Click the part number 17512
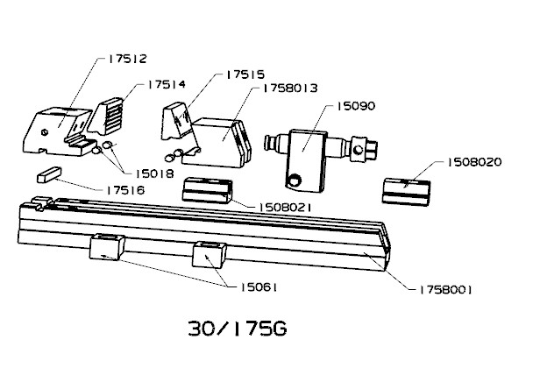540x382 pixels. [128, 59]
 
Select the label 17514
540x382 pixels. [167, 84]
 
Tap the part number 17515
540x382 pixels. [245, 74]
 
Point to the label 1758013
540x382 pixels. [290, 88]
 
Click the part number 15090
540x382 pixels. [356, 106]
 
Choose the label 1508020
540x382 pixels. [474, 162]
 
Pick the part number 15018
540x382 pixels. [154, 173]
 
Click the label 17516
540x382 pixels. [125, 190]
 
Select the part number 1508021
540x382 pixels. [285, 207]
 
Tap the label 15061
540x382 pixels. [259, 287]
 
